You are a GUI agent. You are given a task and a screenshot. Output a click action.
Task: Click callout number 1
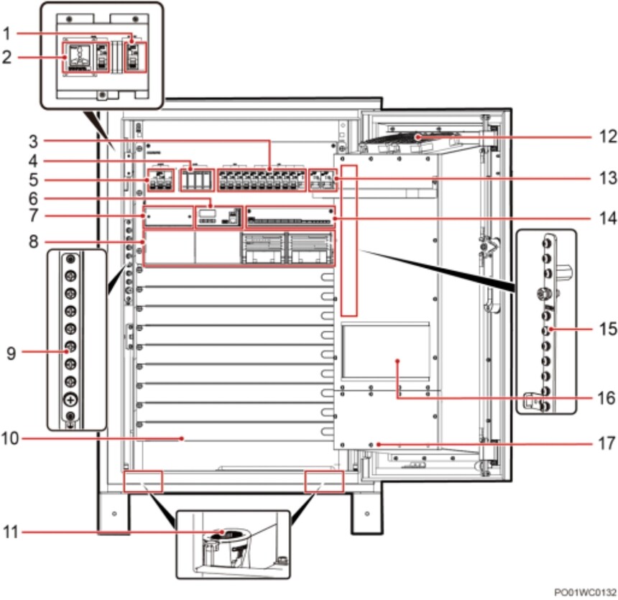(x=6, y=34)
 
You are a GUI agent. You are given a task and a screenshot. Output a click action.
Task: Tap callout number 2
(x=6, y=57)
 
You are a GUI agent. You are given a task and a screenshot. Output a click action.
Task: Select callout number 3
(x=34, y=141)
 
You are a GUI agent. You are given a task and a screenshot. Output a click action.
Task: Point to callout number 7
(x=34, y=216)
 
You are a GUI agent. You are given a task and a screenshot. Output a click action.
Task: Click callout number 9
(x=11, y=354)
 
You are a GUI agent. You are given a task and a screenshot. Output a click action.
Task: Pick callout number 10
(x=10, y=438)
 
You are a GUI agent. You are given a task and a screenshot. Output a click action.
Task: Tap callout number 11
(x=11, y=532)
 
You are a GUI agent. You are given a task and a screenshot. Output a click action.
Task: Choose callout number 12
(x=608, y=137)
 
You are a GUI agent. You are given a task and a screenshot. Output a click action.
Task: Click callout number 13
(x=608, y=178)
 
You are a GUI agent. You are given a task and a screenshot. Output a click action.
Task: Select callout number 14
(x=608, y=218)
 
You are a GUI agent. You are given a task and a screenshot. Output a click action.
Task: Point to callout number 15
(x=608, y=329)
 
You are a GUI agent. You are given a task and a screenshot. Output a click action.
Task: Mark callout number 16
(x=607, y=398)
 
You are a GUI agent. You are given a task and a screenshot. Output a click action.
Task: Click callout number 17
(x=607, y=443)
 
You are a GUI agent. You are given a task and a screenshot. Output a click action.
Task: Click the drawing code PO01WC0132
(x=585, y=592)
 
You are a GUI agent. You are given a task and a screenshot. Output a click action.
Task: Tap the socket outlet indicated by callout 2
(x=80, y=57)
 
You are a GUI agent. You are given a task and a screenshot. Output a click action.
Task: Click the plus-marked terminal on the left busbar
(x=70, y=400)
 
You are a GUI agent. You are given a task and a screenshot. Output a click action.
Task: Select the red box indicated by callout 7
(x=168, y=216)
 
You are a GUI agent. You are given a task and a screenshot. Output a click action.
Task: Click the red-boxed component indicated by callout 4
(x=197, y=180)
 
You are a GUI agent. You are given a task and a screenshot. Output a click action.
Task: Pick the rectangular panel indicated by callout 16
(x=385, y=351)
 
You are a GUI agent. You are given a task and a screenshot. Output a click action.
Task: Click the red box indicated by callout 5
(x=160, y=180)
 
